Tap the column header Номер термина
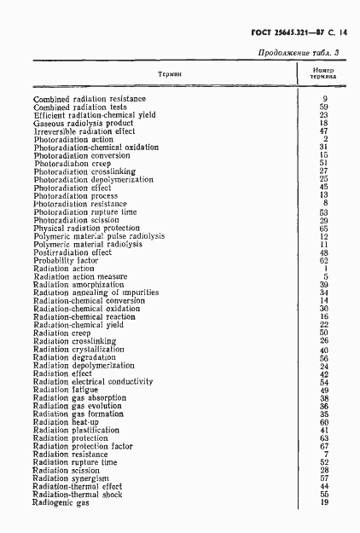coord(324,74)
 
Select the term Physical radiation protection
coord(87,229)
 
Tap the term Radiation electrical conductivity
coord(92,381)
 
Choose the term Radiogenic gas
coord(61,502)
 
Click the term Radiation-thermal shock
coord(78,495)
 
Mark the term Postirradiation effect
coord(73,252)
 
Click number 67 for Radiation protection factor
coord(324,446)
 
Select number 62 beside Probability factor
coord(324,261)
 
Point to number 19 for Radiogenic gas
coord(324,502)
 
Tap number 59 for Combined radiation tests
coord(324,107)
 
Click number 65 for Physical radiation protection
coord(324,229)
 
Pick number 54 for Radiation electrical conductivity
coord(324,381)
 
